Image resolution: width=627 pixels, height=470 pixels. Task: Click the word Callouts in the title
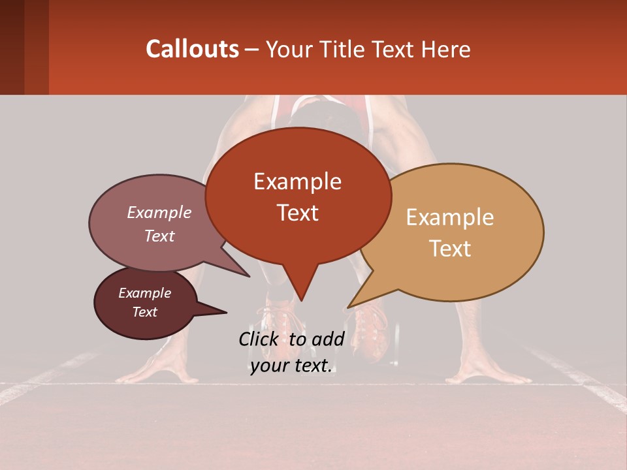[x=192, y=49]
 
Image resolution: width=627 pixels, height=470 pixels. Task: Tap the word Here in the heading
[x=445, y=49]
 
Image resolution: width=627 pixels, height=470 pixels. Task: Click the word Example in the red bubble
[x=297, y=181]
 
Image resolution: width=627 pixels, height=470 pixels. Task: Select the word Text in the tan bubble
[x=450, y=249]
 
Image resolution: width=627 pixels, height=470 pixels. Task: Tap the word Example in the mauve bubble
[x=159, y=212]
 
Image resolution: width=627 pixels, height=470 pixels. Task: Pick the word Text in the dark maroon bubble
[x=144, y=312]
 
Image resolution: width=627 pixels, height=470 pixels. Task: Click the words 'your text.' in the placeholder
[x=291, y=366]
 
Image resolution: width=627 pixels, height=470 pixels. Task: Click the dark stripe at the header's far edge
[x=12, y=47]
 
